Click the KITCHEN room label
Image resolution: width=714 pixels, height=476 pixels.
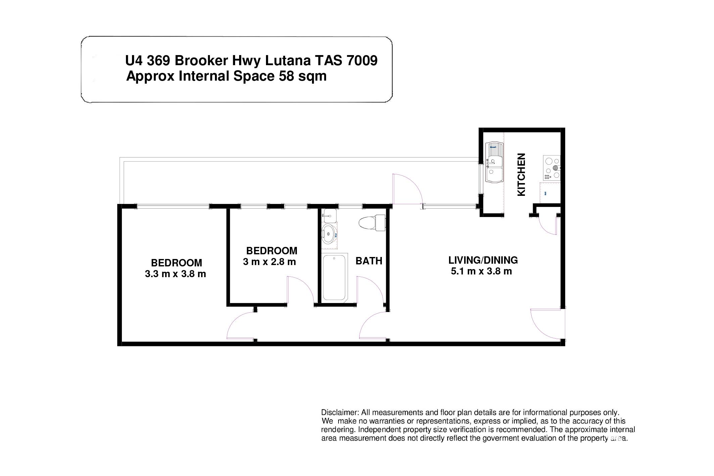click(521, 175)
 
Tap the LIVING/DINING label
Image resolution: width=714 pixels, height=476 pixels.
click(483, 260)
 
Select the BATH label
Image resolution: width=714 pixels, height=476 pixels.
click(369, 261)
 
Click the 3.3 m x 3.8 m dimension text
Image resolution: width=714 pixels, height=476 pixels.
click(175, 274)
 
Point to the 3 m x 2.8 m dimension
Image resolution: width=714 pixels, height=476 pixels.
click(269, 262)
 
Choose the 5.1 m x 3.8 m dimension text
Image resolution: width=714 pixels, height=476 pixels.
click(481, 271)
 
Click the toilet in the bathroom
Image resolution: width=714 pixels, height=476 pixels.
click(372, 223)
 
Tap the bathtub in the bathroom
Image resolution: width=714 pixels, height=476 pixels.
click(334, 277)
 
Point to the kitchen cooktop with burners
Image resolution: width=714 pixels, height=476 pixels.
click(552, 168)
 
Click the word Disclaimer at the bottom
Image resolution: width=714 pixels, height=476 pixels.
click(340, 413)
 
